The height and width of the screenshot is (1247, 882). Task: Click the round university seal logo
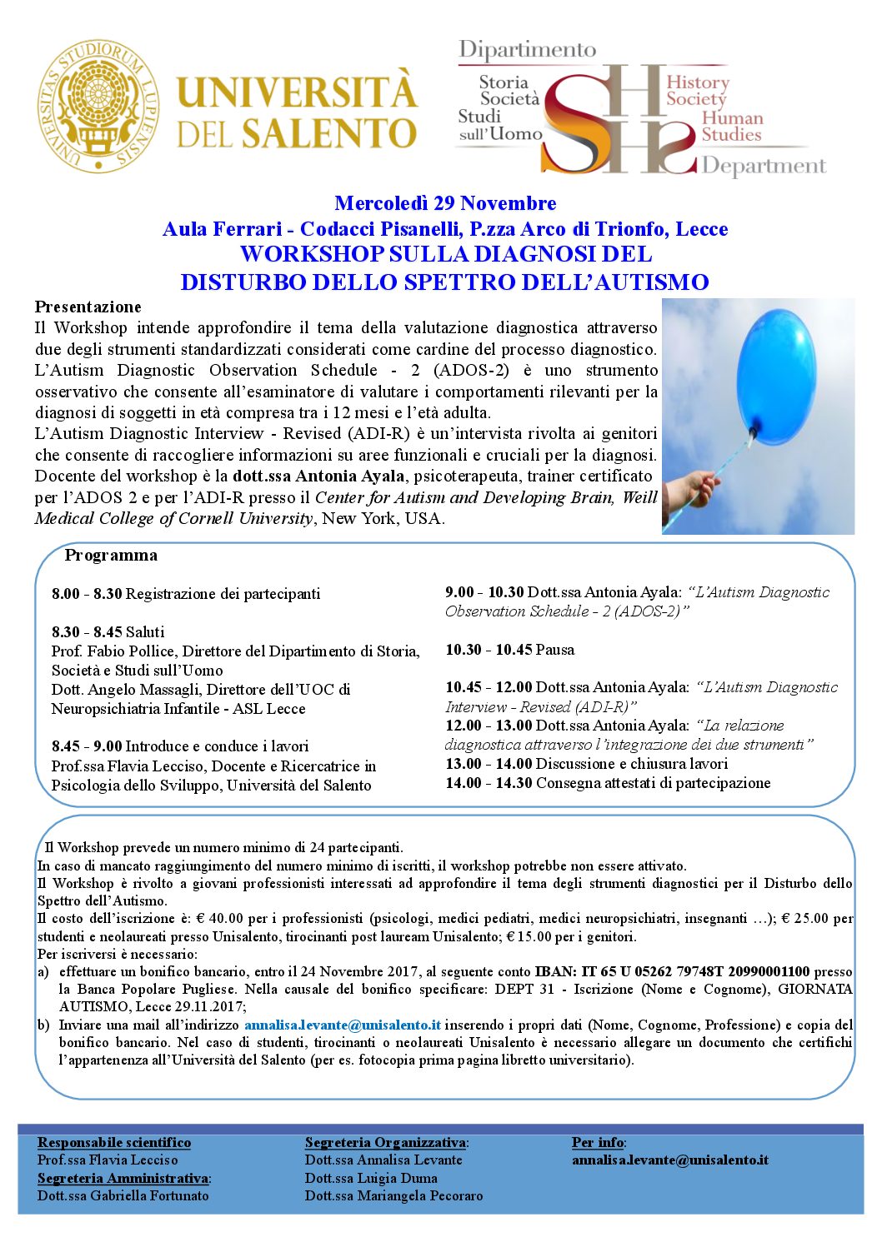pyautogui.click(x=98, y=107)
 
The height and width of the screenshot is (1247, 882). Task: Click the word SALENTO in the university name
pyautogui.click(x=328, y=133)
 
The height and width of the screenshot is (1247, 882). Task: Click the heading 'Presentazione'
pyautogui.click(x=88, y=307)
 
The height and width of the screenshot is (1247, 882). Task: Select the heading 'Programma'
pyautogui.click(x=111, y=555)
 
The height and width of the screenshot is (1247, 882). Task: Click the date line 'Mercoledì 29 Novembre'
pyautogui.click(x=445, y=203)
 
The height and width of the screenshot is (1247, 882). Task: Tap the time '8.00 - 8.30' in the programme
pyautogui.click(x=87, y=594)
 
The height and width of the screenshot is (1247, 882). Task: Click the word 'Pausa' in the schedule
pyautogui.click(x=555, y=650)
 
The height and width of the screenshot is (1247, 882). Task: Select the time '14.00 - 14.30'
pyautogui.click(x=489, y=783)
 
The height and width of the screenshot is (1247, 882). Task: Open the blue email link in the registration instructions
pyautogui.click(x=343, y=1025)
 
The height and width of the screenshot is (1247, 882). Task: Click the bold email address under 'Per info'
pyautogui.click(x=670, y=1160)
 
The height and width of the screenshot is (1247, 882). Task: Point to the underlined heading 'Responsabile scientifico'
pyautogui.click(x=114, y=1142)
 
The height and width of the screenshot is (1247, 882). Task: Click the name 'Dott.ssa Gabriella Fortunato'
pyautogui.click(x=123, y=1195)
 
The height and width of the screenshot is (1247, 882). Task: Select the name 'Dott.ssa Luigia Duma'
pyautogui.click(x=371, y=1178)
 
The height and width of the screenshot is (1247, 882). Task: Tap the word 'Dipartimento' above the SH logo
pyautogui.click(x=528, y=50)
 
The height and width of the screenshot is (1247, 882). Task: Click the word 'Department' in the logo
pyautogui.click(x=764, y=166)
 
